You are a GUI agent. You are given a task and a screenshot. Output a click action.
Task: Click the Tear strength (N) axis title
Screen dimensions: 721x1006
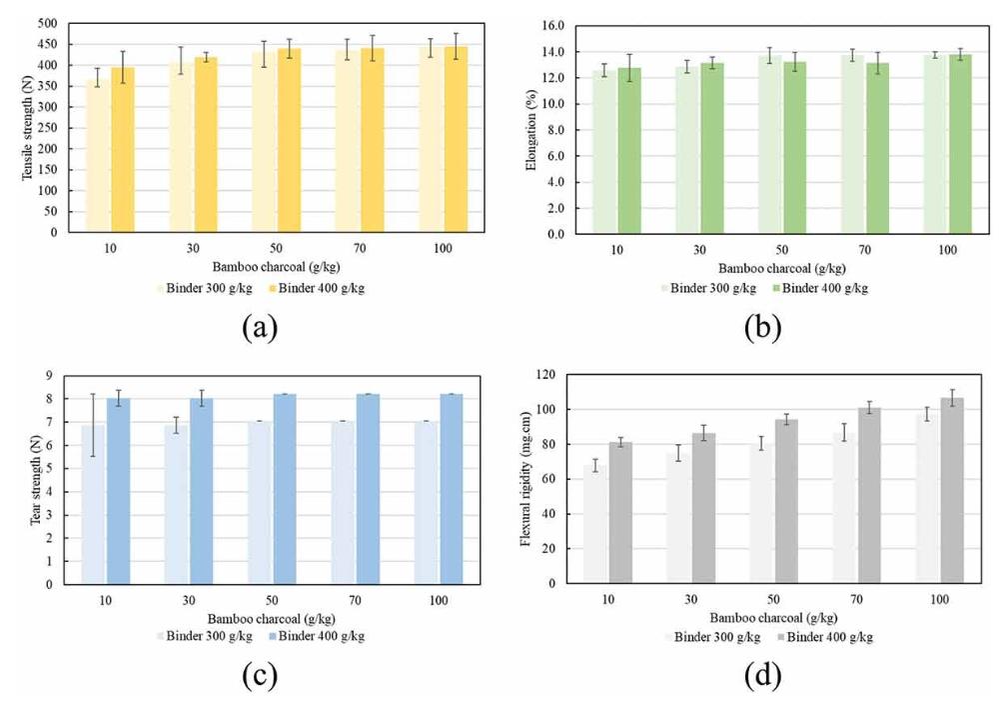pos(32,479)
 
